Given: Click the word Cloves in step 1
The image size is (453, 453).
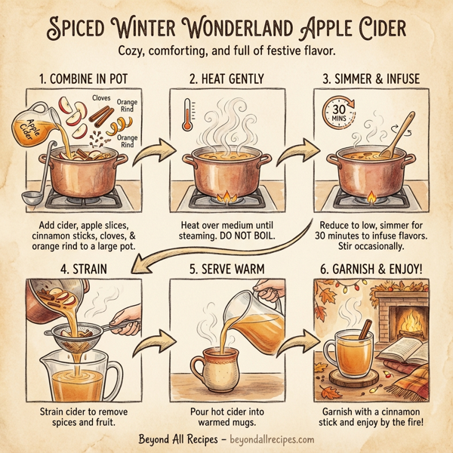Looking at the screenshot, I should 101,98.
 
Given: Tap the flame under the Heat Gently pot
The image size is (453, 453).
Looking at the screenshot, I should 225,198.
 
